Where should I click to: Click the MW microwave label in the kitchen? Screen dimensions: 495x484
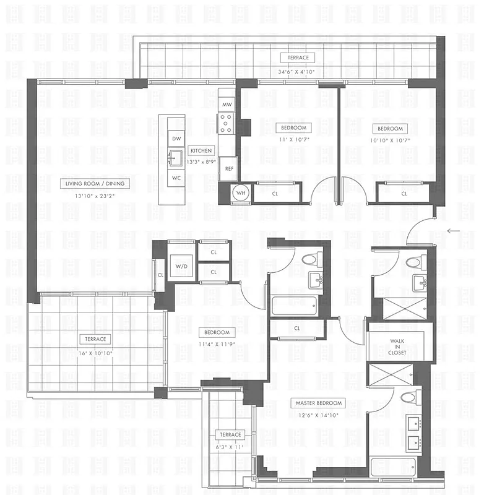[227, 105]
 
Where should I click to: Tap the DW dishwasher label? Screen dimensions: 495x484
[176, 139]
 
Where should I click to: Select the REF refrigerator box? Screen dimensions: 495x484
[229, 168]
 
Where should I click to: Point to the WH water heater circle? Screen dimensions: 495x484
[241, 192]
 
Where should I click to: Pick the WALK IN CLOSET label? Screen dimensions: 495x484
[397, 346]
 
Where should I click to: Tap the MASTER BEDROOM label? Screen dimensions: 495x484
[319, 403]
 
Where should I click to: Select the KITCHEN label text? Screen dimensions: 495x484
[201, 151]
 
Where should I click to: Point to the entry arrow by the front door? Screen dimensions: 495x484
[453, 231]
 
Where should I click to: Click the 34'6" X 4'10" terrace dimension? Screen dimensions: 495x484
[298, 70]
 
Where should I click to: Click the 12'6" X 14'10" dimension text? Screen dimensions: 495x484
[319, 415]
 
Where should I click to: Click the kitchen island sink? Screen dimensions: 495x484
[175, 155]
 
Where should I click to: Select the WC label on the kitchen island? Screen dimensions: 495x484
[176, 178]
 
